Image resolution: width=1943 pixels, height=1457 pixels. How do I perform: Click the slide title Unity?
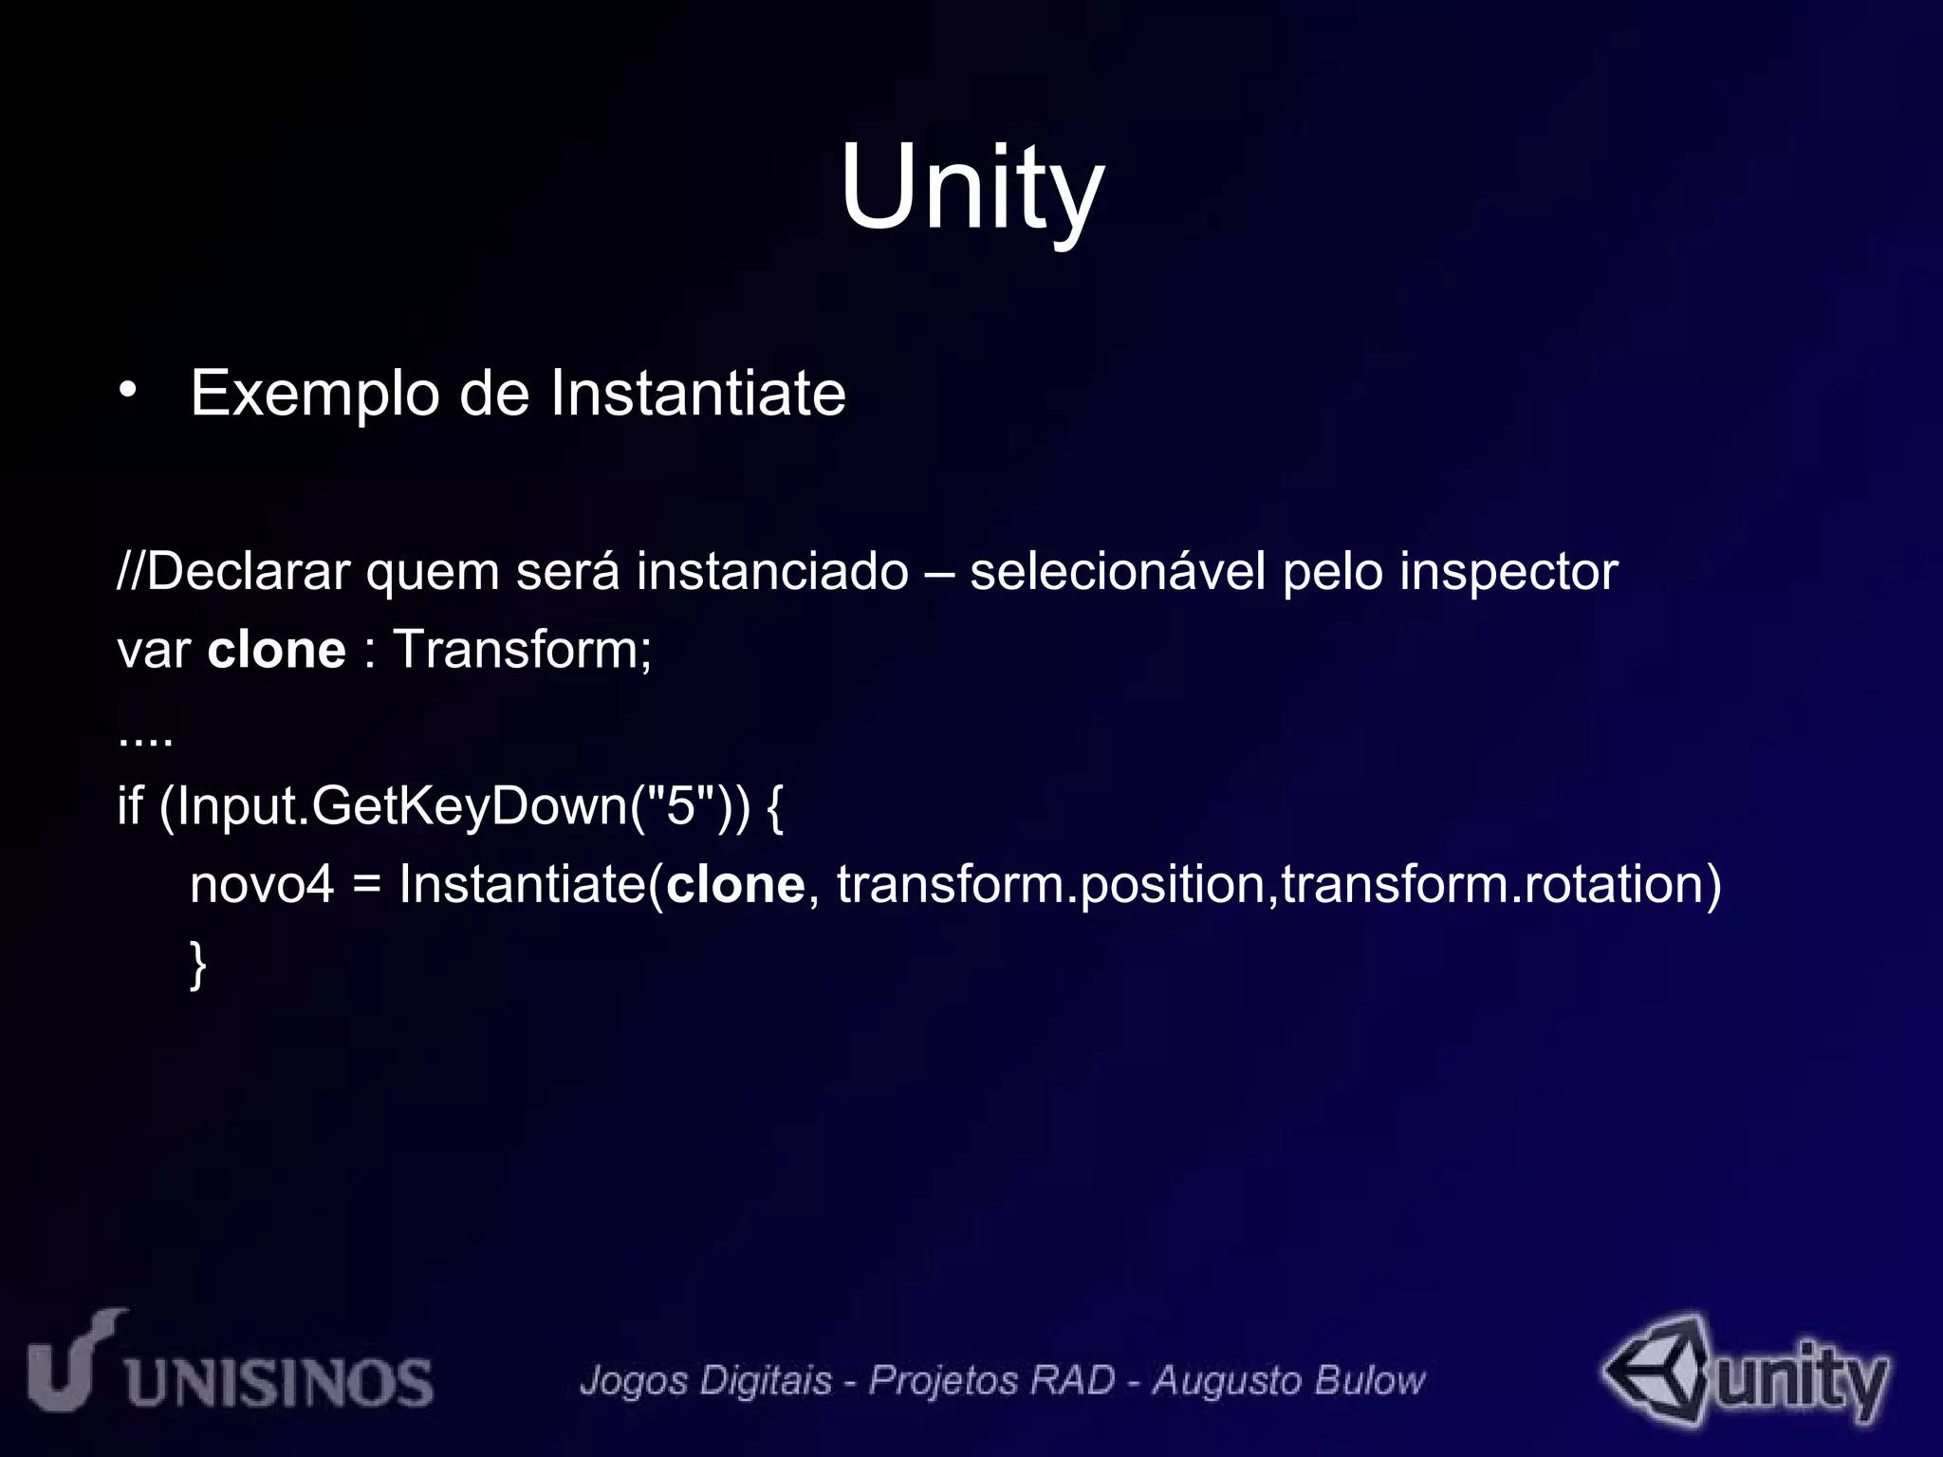point(971,187)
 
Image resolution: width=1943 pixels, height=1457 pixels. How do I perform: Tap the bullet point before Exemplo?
point(129,393)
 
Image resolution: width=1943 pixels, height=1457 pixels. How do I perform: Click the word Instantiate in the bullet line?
point(697,393)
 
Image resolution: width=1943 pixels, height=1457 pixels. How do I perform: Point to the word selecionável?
point(1118,571)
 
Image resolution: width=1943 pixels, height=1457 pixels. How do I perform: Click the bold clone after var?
point(276,650)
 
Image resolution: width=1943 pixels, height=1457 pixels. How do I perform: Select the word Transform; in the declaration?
point(522,650)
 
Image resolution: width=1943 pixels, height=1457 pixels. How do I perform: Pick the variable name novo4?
point(262,884)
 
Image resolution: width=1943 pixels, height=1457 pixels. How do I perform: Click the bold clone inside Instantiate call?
point(735,884)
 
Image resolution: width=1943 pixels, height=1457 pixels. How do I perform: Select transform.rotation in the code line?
point(1499,884)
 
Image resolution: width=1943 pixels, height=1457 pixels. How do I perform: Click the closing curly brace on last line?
point(197,964)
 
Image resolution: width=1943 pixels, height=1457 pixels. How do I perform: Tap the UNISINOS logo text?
point(280,1381)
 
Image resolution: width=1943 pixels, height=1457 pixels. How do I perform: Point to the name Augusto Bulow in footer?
point(1288,1380)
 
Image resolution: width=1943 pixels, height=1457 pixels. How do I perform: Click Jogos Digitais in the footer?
point(706,1380)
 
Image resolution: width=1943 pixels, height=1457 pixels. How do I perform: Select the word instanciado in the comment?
point(772,571)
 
